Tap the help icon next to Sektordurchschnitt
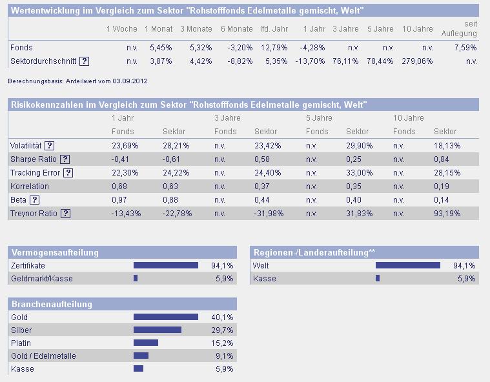tap(84, 61)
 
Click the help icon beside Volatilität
tap(49, 146)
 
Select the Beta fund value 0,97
tap(120, 200)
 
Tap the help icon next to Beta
tap(35, 200)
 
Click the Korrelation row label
tap(30, 186)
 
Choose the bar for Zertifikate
tap(165, 265)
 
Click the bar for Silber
tap(157, 330)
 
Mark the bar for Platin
tap(145, 343)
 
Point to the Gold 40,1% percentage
tap(222, 317)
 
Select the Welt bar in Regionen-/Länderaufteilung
tap(407, 265)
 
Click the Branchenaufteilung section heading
tap(52, 304)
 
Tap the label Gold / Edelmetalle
tap(43, 356)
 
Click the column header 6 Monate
tap(236, 29)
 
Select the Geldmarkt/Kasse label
tap(42, 279)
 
